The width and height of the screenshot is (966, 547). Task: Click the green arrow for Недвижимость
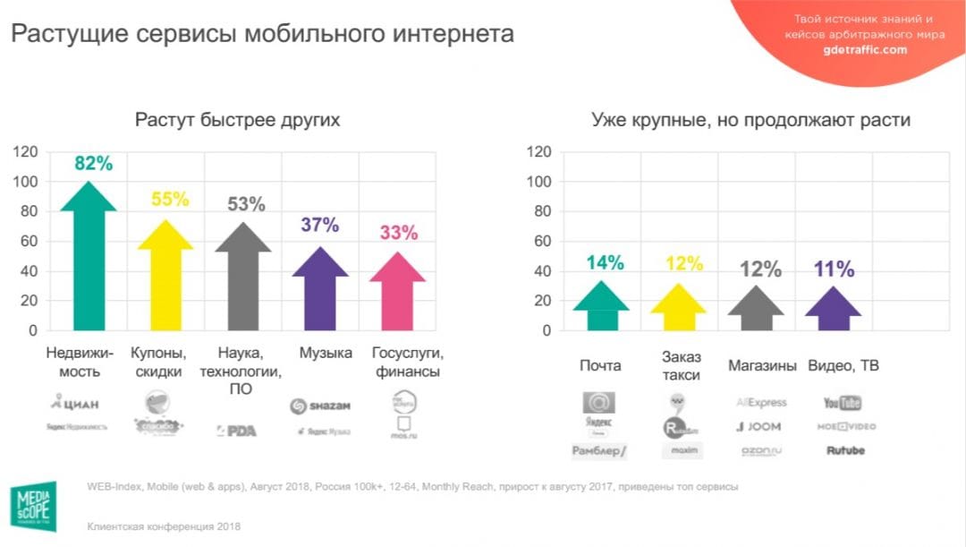click(88, 260)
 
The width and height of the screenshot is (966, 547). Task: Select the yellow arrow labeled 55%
click(165, 278)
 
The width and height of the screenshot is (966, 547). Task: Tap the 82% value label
click(93, 164)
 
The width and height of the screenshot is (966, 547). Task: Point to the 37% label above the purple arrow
click(319, 225)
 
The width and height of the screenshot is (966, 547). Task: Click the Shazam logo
click(319, 406)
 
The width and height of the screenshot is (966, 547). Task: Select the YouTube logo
click(842, 403)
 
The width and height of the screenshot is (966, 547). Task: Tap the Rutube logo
click(845, 450)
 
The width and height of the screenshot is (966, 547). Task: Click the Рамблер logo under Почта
click(598, 451)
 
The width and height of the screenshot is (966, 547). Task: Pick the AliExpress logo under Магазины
click(760, 403)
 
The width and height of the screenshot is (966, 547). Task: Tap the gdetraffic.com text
click(864, 50)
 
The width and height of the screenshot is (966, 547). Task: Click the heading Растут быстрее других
click(237, 120)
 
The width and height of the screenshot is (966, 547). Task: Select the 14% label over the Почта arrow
click(605, 262)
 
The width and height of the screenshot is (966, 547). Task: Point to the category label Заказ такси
click(681, 366)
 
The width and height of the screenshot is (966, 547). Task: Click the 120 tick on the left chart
click(25, 152)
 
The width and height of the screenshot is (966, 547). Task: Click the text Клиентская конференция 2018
click(164, 526)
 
